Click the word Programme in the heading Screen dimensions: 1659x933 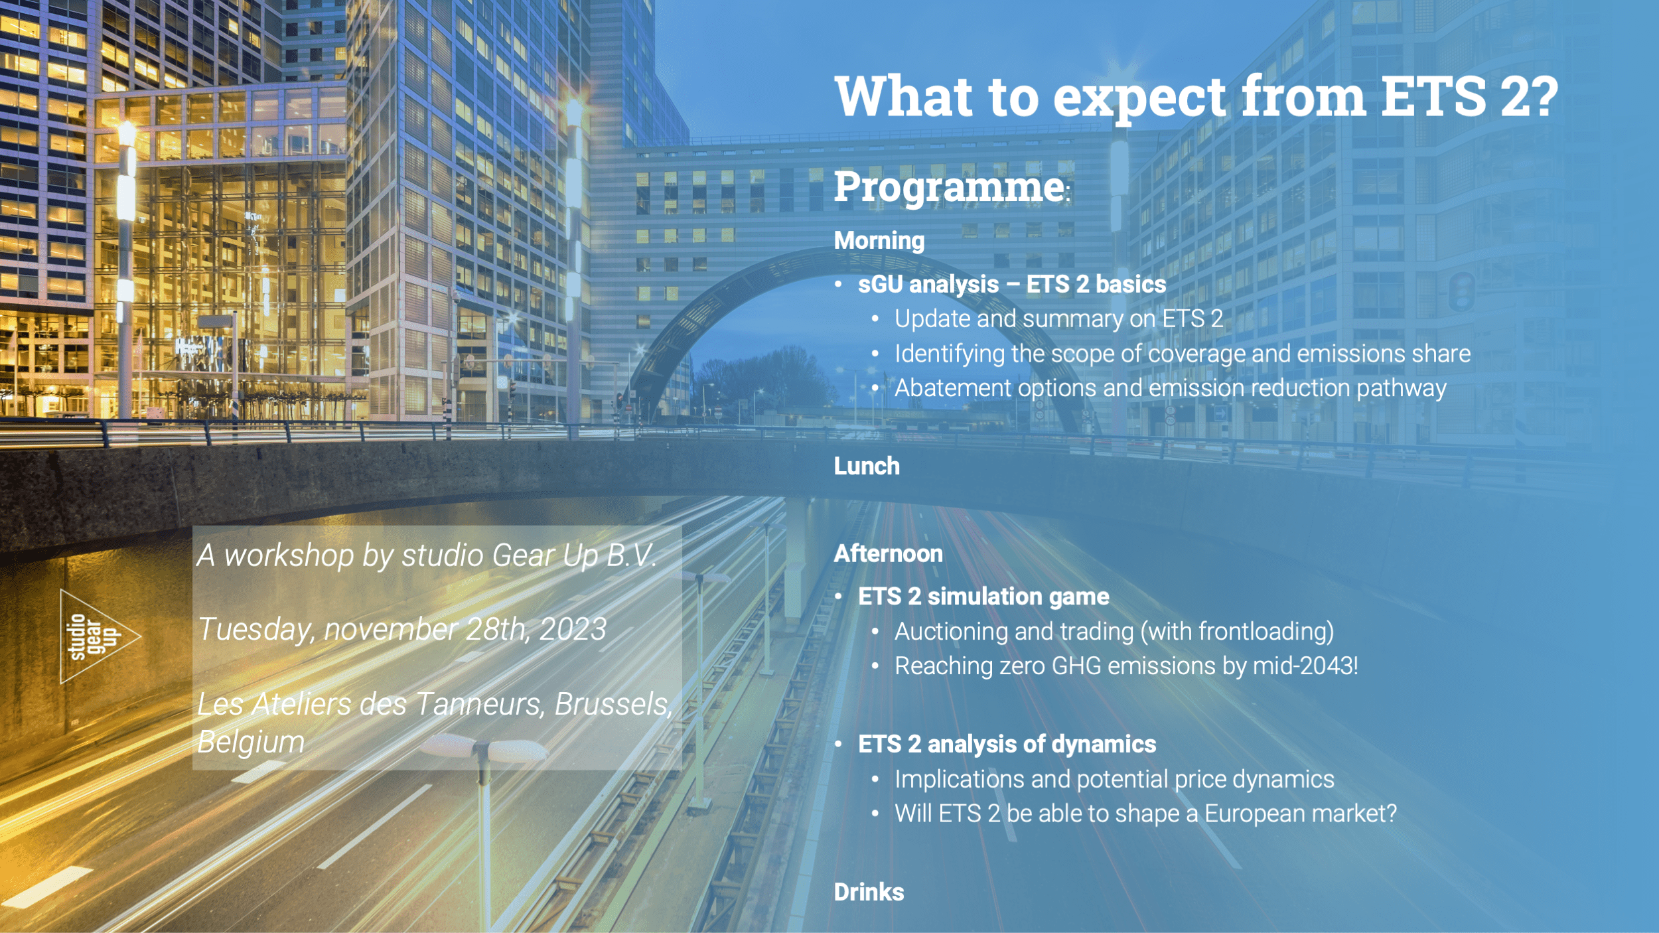(950, 188)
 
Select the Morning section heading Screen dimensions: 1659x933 (879, 240)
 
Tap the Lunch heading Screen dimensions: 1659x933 (867, 466)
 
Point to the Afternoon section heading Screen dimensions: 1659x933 (888, 553)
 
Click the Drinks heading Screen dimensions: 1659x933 (869, 892)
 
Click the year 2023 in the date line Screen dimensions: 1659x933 (573, 629)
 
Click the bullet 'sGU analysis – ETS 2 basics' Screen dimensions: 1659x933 (1012, 285)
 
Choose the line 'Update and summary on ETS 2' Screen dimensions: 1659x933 (1058, 319)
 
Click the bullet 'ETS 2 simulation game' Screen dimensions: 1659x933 (983, 597)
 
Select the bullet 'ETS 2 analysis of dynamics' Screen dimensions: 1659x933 (1007, 745)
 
